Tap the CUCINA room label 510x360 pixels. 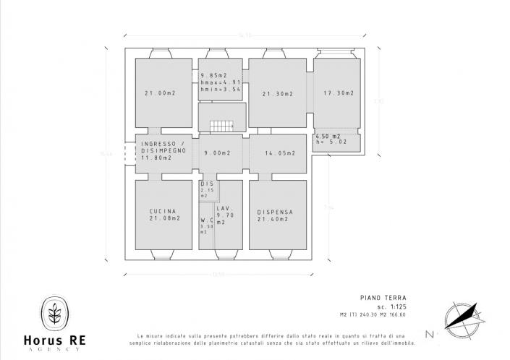pos(163,214)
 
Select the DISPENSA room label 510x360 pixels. pos(276,215)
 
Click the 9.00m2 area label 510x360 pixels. pos(217,153)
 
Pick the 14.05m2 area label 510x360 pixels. pos(278,153)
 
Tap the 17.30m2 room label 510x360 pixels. pos(338,93)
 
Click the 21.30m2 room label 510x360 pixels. pos(277,94)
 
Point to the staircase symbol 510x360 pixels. pos(221,126)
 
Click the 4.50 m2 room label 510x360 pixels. pos(328,139)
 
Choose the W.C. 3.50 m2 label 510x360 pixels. pos(205,226)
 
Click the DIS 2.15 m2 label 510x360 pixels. pos(205,189)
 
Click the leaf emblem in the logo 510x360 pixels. pos(55,315)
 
